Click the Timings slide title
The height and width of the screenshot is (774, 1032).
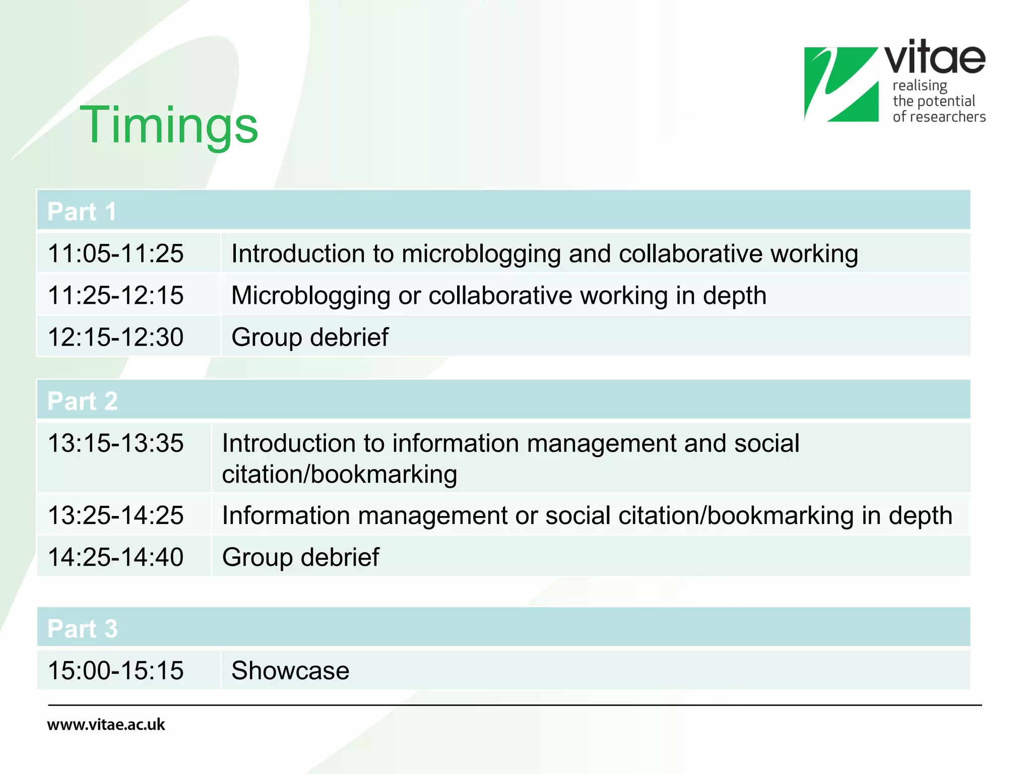pos(169,125)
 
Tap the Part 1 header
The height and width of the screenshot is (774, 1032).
pos(82,211)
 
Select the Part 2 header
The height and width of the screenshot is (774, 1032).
pos(83,401)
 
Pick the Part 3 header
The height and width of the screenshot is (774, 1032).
pos(83,628)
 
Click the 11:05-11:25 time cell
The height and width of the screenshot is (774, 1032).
pos(115,253)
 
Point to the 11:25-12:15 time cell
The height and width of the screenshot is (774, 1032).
pos(115,295)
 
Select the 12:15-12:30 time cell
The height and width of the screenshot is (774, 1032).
pos(115,337)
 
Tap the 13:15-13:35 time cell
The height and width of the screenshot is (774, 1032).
pos(115,443)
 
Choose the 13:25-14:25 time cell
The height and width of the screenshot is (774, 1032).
pos(115,515)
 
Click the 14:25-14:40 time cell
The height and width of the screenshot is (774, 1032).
pos(115,557)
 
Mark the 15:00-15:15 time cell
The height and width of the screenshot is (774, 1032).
pos(115,670)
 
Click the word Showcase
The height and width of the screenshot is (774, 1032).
pos(290,670)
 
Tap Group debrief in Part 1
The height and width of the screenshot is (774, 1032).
pos(310,337)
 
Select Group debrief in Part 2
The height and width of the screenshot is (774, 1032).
pos(301,557)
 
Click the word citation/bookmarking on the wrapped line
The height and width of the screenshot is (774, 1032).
pos(339,474)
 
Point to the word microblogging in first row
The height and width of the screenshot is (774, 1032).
pos(481,253)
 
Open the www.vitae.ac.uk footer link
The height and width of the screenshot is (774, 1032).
pos(106,725)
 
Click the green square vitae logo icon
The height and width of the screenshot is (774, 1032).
pos(841,84)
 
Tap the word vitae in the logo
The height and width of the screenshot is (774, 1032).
pos(935,58)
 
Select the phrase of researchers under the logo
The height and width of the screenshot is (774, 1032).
pos(939,117)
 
